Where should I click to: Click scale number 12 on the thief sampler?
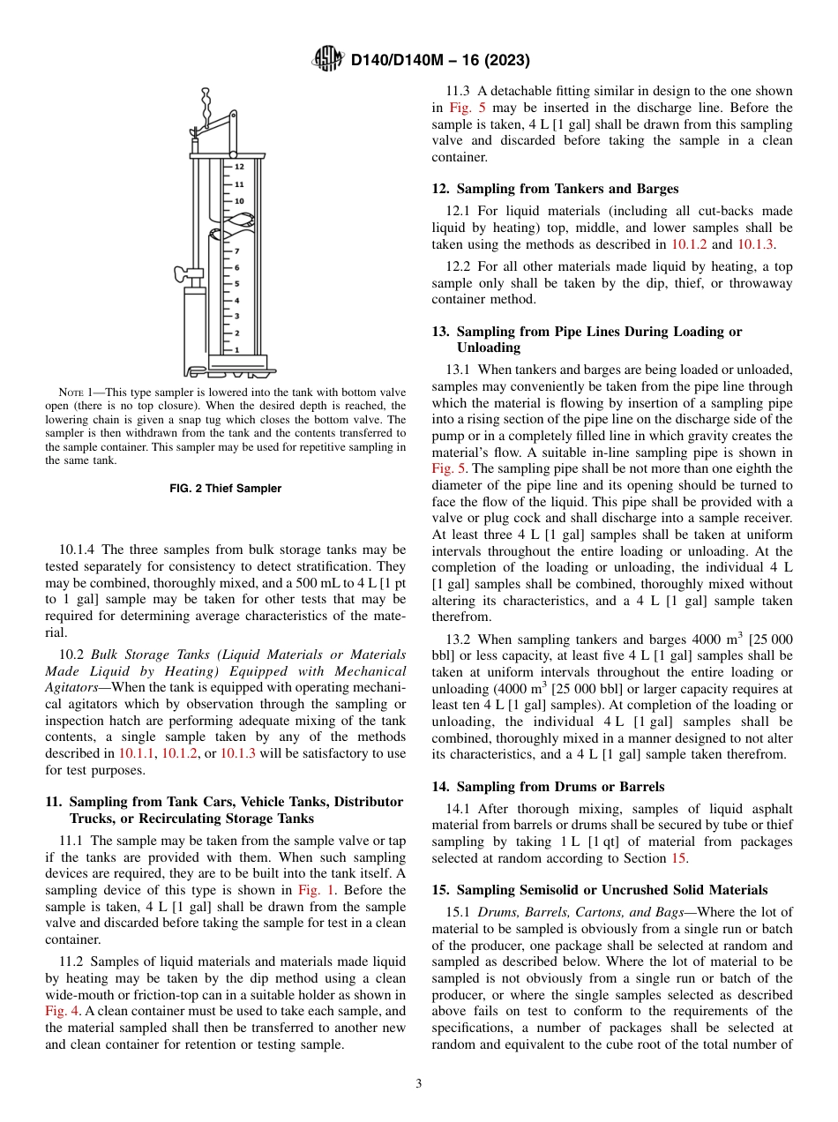coord(239,166)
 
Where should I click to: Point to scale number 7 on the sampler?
coord(236,251)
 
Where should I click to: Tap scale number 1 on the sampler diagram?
coord(236,349)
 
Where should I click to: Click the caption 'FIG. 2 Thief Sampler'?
coord(225,489)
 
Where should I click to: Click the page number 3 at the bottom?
coord(419,1083)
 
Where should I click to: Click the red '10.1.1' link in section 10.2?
coord(136,753)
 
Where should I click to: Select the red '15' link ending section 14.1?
coord(679,858)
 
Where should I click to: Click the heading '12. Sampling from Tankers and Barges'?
coord(555,189)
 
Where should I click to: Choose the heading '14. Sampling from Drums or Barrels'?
coord(548,786)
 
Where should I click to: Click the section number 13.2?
coord(460,640)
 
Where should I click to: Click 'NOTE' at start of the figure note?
coord(71,392)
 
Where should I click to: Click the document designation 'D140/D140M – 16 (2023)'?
coord(440,61)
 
